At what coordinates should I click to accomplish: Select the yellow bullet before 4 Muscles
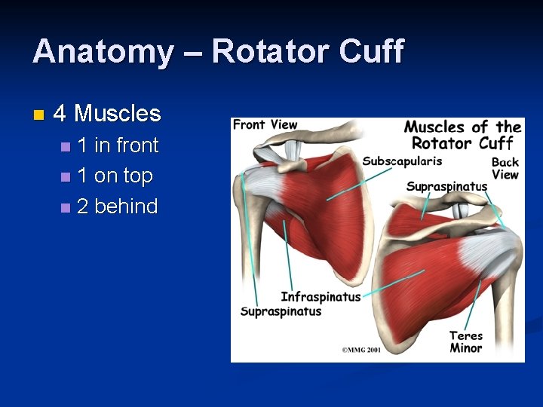[39, 115]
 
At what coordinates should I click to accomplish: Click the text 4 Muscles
[108, 114]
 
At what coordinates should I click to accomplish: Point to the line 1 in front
[118, 145]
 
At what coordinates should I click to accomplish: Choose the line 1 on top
[115, 176]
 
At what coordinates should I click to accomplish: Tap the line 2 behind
[117, 207]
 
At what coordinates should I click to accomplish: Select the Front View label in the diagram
[265, 124]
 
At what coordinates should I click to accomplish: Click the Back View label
[505, 168]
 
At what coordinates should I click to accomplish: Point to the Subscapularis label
[402, 161]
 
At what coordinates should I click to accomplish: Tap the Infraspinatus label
[321, 297]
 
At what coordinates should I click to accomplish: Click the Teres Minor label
[465, 341]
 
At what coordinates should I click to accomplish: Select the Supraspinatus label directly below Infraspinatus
[281, 311]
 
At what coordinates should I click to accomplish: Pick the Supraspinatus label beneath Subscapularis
[446, 186]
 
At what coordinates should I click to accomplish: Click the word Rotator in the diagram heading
[441, 143]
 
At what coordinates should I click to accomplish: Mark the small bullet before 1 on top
[66, 176]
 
